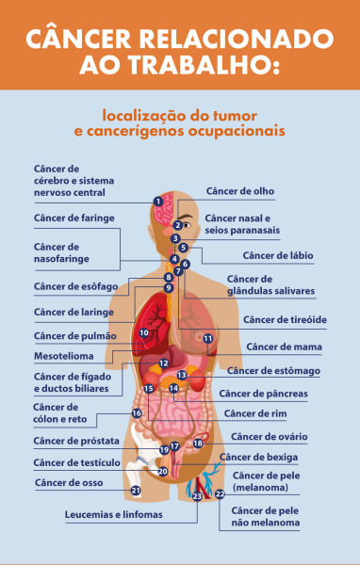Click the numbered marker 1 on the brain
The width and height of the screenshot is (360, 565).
(x=158, y=201)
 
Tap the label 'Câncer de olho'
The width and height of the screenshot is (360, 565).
(x=240, y=191)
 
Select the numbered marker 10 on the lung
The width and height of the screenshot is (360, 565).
(x=144, y=332)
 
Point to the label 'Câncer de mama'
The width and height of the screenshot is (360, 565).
(x=271, y=347)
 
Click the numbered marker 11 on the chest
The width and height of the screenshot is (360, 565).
(x=208, y=338)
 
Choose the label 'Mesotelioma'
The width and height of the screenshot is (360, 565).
(x=64, y=356)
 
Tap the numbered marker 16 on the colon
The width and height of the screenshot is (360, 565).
(x=137, y=412)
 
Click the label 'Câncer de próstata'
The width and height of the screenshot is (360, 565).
(x=76, y=440)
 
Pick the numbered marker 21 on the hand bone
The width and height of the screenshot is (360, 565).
(x=136, y=491)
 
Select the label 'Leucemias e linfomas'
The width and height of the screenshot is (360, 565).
(x=114, y=515)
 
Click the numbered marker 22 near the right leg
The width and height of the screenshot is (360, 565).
(x=220, y=493)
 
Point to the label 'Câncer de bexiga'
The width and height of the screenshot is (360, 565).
(x=259, y=457)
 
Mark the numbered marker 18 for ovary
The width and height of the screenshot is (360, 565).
(x=199, y=443)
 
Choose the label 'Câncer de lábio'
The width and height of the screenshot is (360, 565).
(x=278, y=255)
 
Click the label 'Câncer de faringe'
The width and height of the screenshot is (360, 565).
(x=74, y=218)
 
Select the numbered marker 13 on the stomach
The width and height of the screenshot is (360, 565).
(x=181, y=374)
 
